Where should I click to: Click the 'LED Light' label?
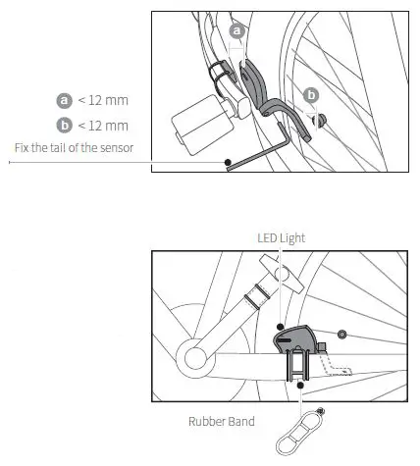pos(280,237)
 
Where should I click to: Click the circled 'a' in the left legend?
pos(65,100)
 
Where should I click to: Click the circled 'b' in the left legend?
pos(65,125)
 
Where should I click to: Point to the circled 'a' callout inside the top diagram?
pos(236,31)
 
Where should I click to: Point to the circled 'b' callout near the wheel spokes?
pos(312,95)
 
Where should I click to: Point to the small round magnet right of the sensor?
pos(341,335)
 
